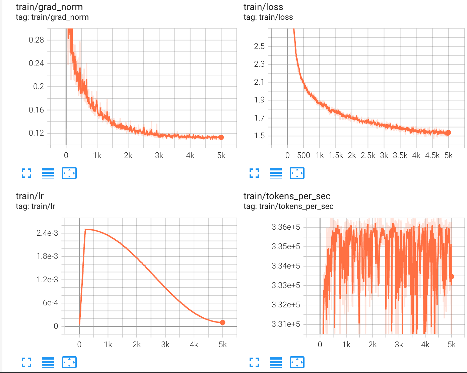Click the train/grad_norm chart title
click(49, 7)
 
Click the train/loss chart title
click(263, 7)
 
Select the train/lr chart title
click(30, 196)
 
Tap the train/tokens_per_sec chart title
click(287, 196)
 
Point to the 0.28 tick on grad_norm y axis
click(37, 40)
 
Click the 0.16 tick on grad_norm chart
click(37, 110)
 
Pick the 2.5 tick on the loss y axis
click(259, 46)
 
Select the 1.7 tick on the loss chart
click(259, 118)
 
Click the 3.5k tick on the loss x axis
click(400, 155)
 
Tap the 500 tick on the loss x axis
click(304, 155)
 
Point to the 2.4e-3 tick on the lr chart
click(47, 233)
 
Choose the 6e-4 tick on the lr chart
click(50, 303)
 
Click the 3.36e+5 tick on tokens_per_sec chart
click(286, 227)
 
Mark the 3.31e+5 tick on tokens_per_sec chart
click(286, 324)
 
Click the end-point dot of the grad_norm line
click(221, 137)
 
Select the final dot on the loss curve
click(448, 133)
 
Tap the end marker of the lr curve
click(223, 322)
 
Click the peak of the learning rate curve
click(86, 229)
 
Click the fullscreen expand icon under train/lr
click(26, 362)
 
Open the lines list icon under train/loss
click(276, 173)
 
